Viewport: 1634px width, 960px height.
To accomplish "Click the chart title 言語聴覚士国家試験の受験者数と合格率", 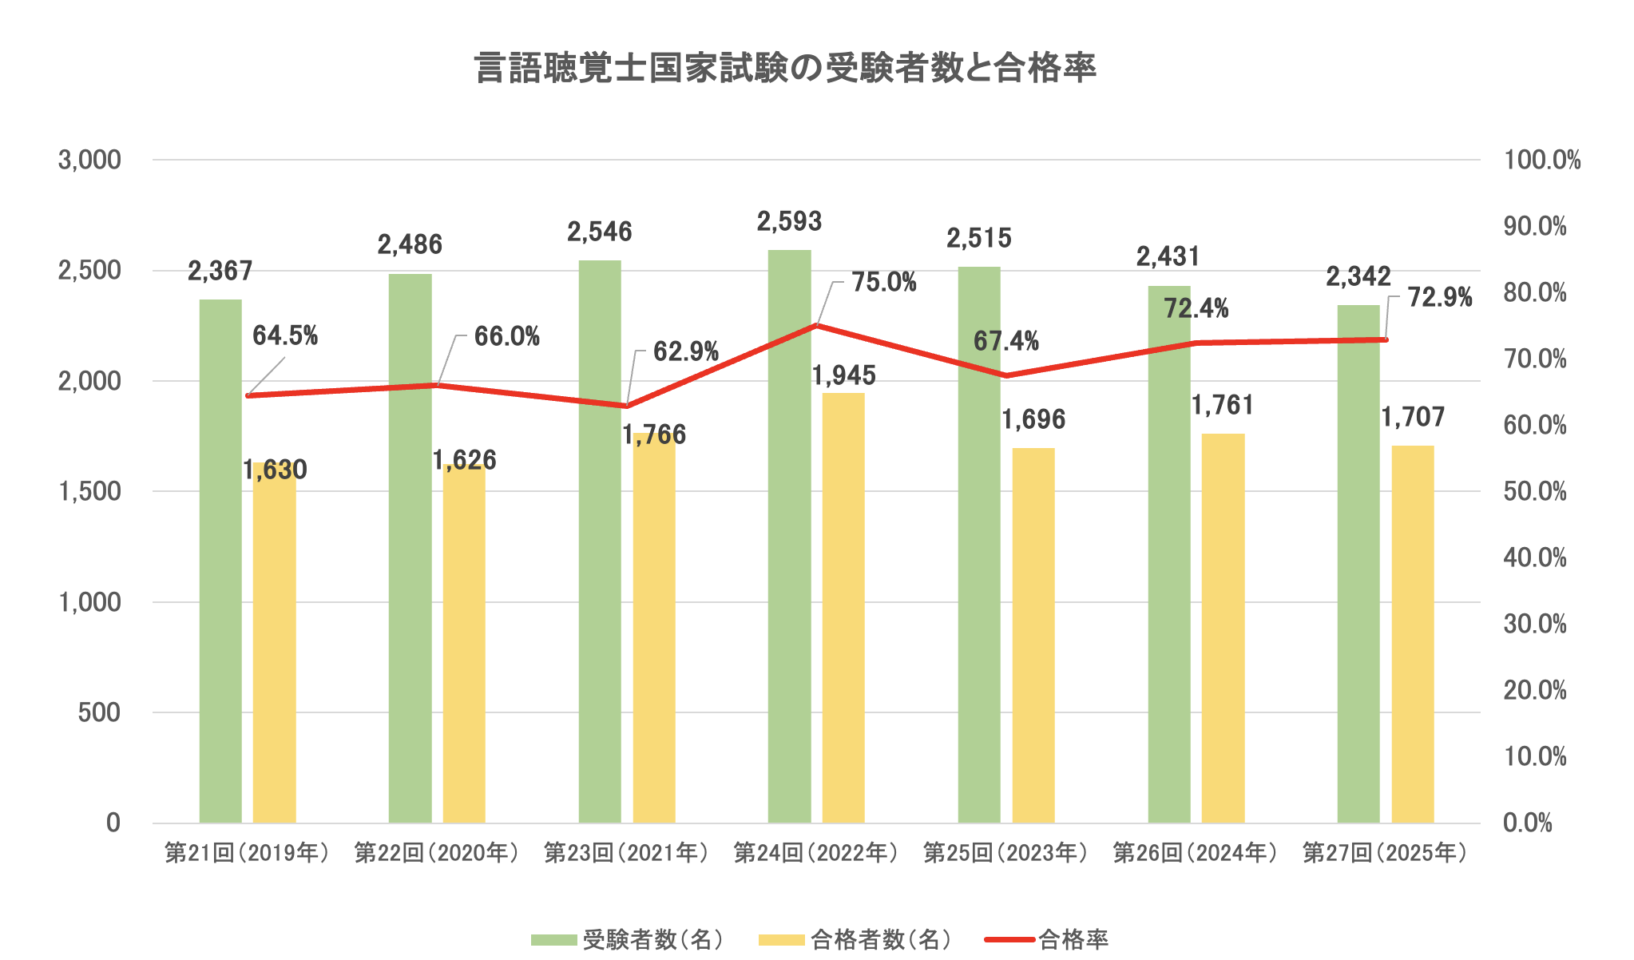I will point(785,69).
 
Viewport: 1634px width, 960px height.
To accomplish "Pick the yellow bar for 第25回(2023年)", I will point(1033,639).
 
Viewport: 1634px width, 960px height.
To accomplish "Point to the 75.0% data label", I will point(883,283).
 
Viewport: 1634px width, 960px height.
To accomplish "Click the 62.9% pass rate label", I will point(685,351).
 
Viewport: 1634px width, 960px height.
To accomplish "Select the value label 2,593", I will point(789,221).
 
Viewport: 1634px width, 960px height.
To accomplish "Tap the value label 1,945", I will point(843,375).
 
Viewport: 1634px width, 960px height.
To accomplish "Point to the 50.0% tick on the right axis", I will point(1535,492).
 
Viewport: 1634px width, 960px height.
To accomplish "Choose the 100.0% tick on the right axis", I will point(1541,161).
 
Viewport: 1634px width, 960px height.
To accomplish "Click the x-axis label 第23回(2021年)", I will point(626,853).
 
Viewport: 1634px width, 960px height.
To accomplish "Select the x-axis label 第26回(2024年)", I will point(1195,853).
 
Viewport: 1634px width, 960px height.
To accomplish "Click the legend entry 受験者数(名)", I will point(652,940).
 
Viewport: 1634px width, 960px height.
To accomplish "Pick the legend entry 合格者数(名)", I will point(879,940).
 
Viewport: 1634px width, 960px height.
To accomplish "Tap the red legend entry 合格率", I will point(1073,940).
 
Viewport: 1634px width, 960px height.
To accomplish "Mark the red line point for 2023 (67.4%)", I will point(1006,375).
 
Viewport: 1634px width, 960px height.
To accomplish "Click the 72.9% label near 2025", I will point(1439,298).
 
